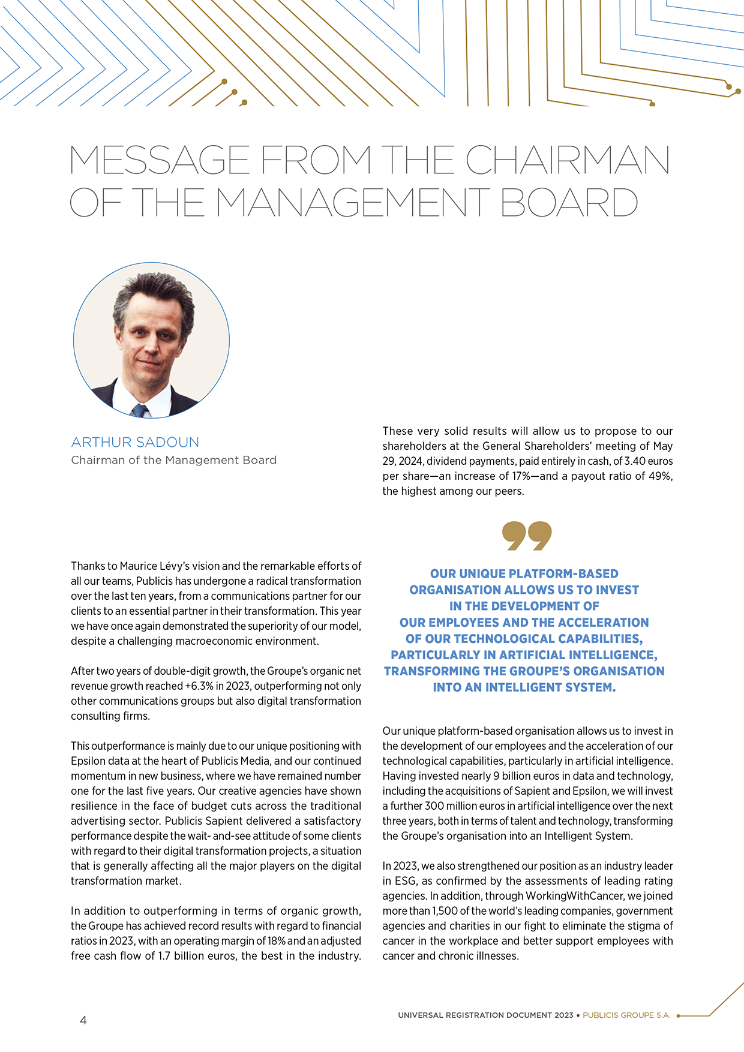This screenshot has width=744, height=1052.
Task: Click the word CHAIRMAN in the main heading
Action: pyautogui.click(x=567, y=160)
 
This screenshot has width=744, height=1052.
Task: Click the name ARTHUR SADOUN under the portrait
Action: pyautogui.click(x=135, y=442)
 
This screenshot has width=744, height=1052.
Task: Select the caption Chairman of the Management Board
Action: pyautogui.click(x=174, y=460)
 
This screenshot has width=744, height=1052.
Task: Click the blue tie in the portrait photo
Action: pyautogui.click(x=140, y=411)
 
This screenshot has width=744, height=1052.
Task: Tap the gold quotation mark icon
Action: pyautogui.click(x=527, y=536)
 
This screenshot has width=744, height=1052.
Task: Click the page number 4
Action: pyautogui.click(x=83, y=1020)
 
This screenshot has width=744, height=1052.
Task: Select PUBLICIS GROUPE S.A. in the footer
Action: pyautogui.click(x=626, y=1015)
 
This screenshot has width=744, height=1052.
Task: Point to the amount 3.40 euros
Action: pyautogui.click(x=649, y=461)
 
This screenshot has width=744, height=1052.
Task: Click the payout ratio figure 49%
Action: pyautogui.click(x=659, y=476)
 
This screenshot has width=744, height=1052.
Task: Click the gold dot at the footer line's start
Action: pyautogui.click(x=678, y=1016)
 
